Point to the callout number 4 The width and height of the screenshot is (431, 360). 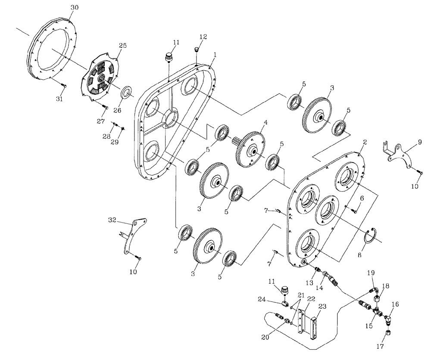click(x=266, y=122)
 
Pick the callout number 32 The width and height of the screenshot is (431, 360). click(x=112, y=220)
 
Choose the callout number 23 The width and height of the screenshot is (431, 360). click(x=322, y=306)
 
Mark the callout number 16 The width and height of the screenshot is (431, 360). click(x=395, y=304)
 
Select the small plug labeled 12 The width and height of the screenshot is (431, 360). click(x=196, y=49)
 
